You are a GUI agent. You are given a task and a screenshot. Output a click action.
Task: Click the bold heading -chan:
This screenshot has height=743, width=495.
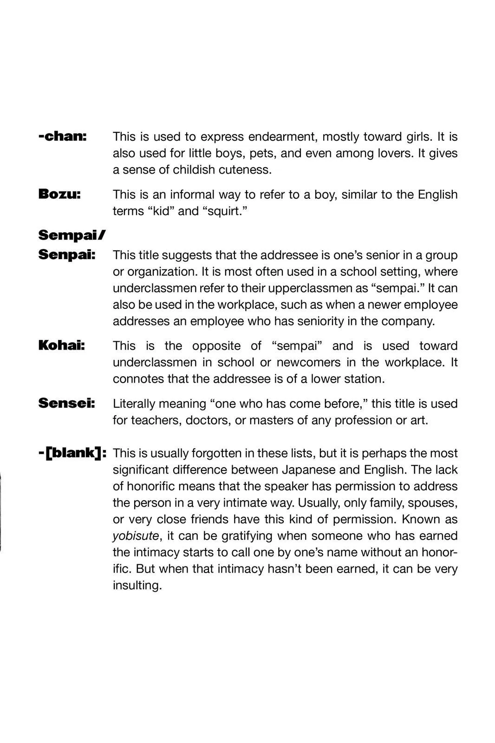point(63,137)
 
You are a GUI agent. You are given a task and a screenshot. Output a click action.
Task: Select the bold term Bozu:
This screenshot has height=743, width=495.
point(59,194)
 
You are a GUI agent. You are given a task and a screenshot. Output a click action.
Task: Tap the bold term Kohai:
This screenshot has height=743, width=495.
point(61,345)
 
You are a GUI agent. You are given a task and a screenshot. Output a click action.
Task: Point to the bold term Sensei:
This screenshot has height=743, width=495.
point(66,403)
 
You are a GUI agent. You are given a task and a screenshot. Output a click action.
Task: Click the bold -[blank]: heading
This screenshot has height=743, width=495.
point(72,453)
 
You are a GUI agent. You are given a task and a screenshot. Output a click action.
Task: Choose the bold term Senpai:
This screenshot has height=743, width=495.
point(67,255)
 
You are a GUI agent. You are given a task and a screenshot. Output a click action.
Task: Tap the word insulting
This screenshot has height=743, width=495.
point(137,586)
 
